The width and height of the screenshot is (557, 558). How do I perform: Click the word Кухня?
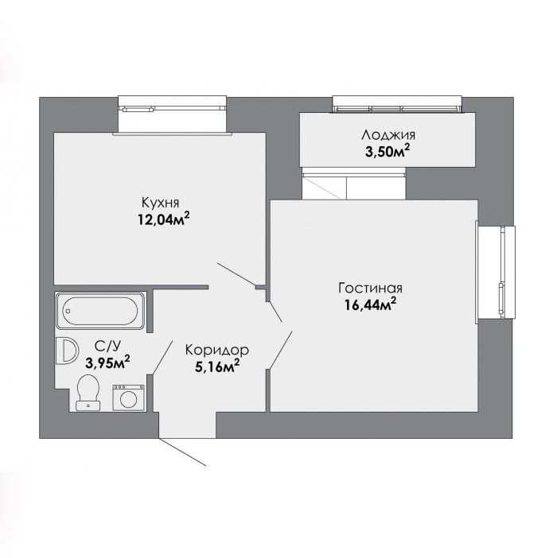click(x=160, y=203)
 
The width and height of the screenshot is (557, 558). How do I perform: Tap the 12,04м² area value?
click(x=163, y=219)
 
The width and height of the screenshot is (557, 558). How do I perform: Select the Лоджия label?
click(x=388, y=135)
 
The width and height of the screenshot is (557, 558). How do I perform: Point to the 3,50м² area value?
click(x=388, y=152)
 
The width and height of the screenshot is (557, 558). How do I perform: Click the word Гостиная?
click(x=370, y=289)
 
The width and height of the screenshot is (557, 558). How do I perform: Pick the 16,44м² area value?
click(x=370, y=304)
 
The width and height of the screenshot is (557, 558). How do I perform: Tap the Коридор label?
click(x=217, y=351)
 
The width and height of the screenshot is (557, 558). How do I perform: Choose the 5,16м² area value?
click(x=217, y=366)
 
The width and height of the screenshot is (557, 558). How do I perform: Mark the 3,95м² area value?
click(x=107, y=362)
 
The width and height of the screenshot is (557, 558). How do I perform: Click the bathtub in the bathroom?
click(x=100, y=311)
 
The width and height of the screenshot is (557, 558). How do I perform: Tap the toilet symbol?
click(x=88, y=393)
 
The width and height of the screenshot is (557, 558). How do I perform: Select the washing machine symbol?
click(x=129, y=398)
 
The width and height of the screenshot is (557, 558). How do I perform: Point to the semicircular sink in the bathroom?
click(x=67, y=351)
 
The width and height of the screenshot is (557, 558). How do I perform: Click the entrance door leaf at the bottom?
click(x=182, y=451)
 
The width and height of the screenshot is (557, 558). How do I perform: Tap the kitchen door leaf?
click(x=237, y=274)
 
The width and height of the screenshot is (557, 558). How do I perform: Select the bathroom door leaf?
click(x=162, y=358)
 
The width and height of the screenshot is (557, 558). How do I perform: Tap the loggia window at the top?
click(x=397, y=104)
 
